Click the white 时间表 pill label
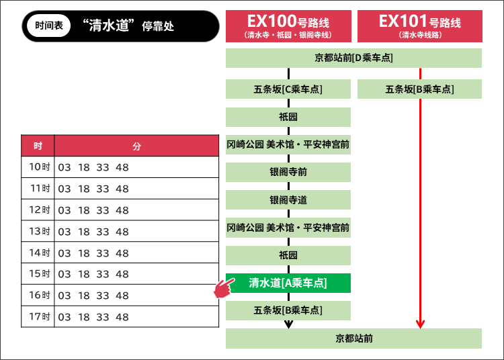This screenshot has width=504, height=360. tap(48, 26)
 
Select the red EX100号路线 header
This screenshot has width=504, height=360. tap(288, 26)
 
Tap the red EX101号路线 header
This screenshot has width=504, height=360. tap(419, 26)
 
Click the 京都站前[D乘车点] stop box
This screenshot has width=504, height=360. tap(353, 58)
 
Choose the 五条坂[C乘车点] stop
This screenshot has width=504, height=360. tap(288, 89)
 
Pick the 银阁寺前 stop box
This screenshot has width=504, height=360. tap(288, 173)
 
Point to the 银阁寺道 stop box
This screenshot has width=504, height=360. tap(288, 200)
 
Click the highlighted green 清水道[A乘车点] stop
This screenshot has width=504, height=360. tap(288, 283)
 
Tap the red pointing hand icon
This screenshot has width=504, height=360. tap(222, 289)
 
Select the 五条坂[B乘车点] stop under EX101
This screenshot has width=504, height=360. tap(419, 89)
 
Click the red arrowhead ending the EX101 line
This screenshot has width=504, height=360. tap(420, 324)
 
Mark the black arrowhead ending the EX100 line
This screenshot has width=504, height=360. tap(288, 324)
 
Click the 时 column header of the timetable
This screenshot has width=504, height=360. tap(38, 146)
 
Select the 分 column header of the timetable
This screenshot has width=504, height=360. tap(136, 146)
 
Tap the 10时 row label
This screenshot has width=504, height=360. tap(40, 167)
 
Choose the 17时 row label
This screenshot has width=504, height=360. tap(40, 316)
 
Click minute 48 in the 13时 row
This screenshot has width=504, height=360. tap(122, 232)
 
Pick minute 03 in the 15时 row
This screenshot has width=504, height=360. tap(65, 274)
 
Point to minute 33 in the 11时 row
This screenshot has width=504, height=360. tap(102, 189)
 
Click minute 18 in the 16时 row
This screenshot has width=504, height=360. tap(83, 296)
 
